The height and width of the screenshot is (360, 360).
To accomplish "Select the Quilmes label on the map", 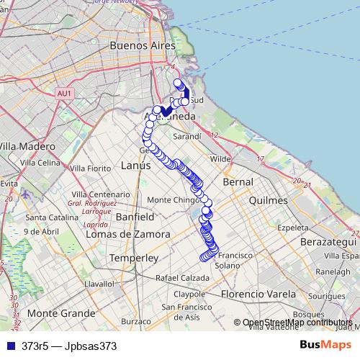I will pyautogui.click(x=268, y=201).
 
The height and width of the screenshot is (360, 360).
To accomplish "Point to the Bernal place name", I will pyautogui.click(x=238, y=183).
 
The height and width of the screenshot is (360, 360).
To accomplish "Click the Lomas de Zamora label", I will pyautogui.click(x=127, y=234).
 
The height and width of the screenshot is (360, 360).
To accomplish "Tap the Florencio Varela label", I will pyautogui.click(x=258, y=294).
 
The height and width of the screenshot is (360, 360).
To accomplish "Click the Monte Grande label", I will pyautogui.click(x=61, y=313).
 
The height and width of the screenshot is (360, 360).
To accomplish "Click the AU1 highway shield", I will pyautogui.click(x=64, y=94).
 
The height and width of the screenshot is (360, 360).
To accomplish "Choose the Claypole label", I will pyautogui.click(x=189, y=294).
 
